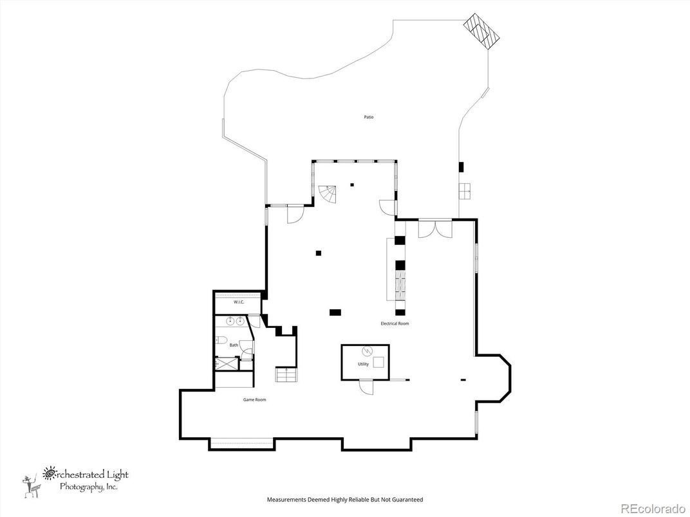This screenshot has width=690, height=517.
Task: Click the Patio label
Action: tap(368, 117)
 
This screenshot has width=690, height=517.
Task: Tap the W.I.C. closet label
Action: tap(238, 302)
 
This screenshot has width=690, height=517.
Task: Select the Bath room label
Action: tap(234, 345)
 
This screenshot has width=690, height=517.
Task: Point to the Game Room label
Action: tap(254, 399)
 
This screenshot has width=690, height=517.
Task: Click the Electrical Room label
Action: tap(395, 323)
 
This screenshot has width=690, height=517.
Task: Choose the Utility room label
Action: tap(363, 364)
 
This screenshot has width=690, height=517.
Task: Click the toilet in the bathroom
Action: tap(221, 340)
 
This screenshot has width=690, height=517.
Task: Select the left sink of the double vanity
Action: tap(230, 320)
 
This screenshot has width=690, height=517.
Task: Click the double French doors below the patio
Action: tap(435, 228)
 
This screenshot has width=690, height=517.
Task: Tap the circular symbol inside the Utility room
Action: tap(368, 351)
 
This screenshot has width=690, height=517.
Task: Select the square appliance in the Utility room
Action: tap(378, 361)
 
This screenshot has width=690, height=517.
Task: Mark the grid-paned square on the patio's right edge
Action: tap(465, 190)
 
